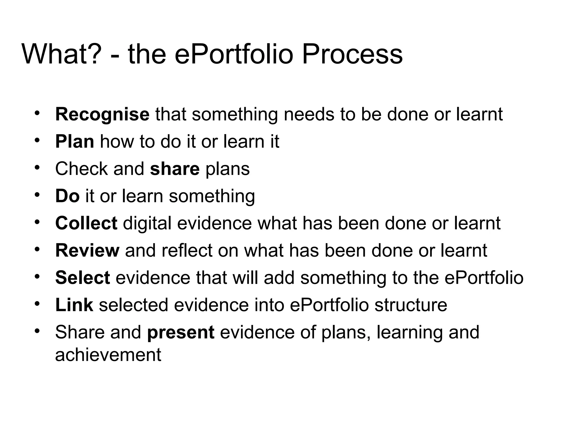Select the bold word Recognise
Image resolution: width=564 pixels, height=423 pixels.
coord(102,115)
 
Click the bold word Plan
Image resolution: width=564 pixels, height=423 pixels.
coord(75,142)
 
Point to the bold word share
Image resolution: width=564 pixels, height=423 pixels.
coord(175,169)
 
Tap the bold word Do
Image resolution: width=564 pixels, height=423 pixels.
coord(67,196)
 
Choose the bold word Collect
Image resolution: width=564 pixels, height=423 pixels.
coord(86,223)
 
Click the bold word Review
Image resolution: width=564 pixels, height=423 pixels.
coord(87,250)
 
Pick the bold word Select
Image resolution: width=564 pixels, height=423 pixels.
coord(83,278)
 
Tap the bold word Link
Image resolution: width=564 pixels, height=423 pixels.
coord(74,305)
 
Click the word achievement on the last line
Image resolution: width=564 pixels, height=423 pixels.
coord(108,355)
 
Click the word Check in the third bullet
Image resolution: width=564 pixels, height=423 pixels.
coord(81,169)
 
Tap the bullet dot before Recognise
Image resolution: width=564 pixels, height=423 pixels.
coord(38,113)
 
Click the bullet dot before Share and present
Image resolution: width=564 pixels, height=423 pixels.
coord(38,330)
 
